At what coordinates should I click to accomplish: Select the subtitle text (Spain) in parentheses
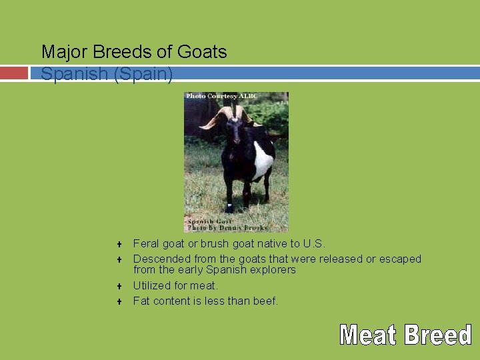[143, 73]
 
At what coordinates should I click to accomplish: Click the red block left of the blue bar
[13, 73]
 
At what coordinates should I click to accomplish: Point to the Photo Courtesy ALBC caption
[221, 96]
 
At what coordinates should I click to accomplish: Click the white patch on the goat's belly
[263, 161]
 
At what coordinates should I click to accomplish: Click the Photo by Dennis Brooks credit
[227, 228]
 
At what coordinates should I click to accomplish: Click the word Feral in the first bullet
[146, 244]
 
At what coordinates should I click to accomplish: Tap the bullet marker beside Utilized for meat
[118, 286]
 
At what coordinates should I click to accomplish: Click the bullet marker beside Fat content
[118, 301]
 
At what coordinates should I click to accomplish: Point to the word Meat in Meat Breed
[367, 335]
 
